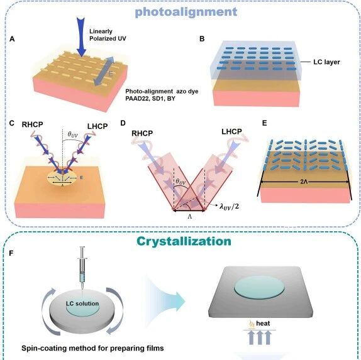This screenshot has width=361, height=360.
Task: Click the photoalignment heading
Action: tap(186, 12)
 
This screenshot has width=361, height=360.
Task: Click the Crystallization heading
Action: tap(184, 241)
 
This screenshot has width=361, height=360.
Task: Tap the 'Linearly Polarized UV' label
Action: tap(108, 35)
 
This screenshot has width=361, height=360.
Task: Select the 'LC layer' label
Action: tap(326, 62)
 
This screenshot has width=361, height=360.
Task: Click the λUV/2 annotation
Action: tap(229, 206)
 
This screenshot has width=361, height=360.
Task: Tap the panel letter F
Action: tap(11, 253)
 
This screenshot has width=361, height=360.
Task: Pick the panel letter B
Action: tap(202, 39)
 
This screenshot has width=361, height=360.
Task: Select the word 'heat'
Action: tap(263, 324)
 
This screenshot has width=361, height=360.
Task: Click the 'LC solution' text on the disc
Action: tap(82, 303)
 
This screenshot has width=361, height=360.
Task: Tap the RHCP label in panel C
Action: tap(33, 124)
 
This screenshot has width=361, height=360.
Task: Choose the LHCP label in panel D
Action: tap(231, 131)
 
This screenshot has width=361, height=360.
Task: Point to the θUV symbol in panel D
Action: tap(181, 182)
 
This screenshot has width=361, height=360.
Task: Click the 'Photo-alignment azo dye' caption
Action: tap(162, 91)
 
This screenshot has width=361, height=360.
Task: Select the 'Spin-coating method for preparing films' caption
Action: tap(92, 348)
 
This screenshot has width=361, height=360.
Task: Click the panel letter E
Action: tap(265, 123)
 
